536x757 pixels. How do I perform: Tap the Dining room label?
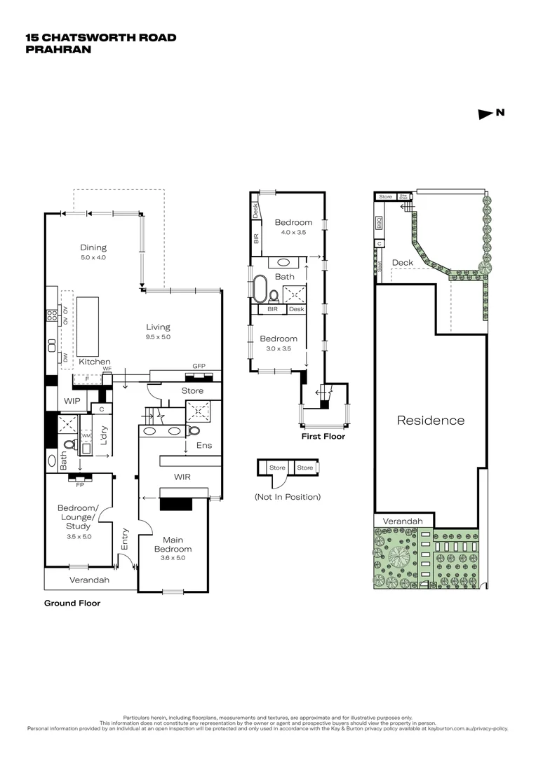(93, 247)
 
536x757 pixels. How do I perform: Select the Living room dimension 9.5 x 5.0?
(158, 337)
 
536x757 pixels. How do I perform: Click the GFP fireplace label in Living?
(199, 366)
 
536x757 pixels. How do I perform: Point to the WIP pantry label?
(73, 401)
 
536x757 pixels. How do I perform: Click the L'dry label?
(102, 435)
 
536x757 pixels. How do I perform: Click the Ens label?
(203, 445)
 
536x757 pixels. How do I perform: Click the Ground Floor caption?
(72, 603)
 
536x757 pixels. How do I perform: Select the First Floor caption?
(323, 436)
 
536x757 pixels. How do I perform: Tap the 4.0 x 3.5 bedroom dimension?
(293, 233)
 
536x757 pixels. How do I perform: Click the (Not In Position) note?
(288, 497)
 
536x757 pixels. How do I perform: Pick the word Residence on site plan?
(431, 421)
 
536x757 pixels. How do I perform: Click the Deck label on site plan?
(403, 263)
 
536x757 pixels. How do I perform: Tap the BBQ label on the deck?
(379, 224)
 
